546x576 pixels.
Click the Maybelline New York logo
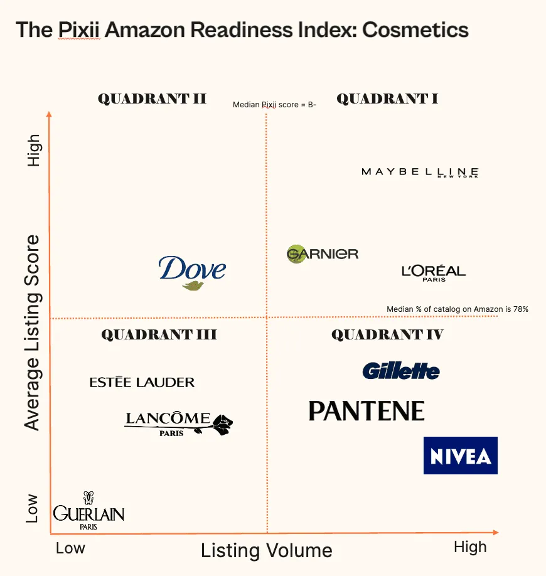point(420,172)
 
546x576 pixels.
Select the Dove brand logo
point(192,272)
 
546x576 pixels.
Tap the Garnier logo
point(323,253)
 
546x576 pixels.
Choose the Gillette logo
point(401,371)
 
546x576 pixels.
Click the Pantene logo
point(367,412)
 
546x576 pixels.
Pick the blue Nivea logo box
point(461,456)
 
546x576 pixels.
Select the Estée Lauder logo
point(142,382)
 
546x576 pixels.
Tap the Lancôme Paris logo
point(178,423)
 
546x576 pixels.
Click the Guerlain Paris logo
point(88,512)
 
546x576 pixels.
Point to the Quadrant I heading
point(387,99)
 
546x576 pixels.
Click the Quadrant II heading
point(152,99)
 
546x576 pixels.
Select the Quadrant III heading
point(159,334)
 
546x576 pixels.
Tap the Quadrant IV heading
point(387,334)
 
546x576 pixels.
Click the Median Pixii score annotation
point(274,104)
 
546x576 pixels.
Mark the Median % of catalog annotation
point(458,309)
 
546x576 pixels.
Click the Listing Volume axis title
point(267,551)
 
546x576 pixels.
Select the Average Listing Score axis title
point(32,333)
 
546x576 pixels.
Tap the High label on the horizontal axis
point(470,547)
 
